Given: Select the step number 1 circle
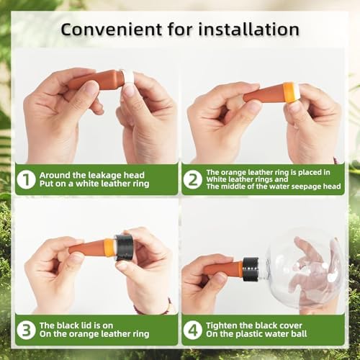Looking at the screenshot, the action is pyautogui.click(x=26, y=179).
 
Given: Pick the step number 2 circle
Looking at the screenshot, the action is pyautogui.click(x=193, y=179).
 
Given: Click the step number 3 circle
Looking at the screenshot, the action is pyautogui.click(x=26, y=330).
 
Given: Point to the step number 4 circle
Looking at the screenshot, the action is pyautogui.click(x=193, y=330).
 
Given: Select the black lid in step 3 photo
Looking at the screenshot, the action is pyautogui.click(x=124, y=248).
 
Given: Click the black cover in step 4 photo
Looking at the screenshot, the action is pyautogui.click(x=251, y=269).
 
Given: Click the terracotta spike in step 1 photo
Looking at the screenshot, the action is pyautogui.click(x=96, y=80).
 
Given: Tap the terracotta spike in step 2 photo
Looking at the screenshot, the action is pyautogui.click(x=264, y=94).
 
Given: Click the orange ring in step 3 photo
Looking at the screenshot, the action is pyautogui.click(x=109, y=248).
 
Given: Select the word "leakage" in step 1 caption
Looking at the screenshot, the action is pyautogui.click(x=104, y=176).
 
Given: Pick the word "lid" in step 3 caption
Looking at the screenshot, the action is pyautogui.click(x=86, y=325).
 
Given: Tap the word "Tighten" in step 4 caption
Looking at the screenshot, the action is pyautogui.click(x=222, y=325).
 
